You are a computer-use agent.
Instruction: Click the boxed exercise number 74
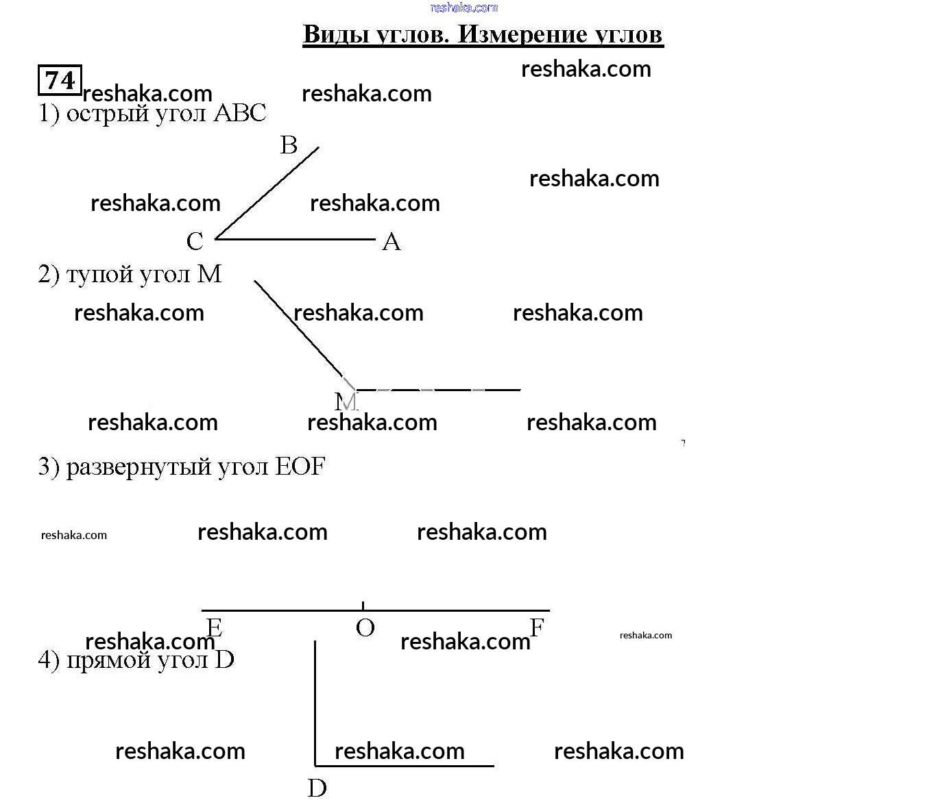click(x=60, y=80)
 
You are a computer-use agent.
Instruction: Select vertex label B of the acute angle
click(x=289, y=145)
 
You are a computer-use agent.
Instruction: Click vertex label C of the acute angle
click(x=195, y=241)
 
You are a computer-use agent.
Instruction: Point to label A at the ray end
click(x=391, y=241)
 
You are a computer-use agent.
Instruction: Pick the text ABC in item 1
click(x=239, y=113)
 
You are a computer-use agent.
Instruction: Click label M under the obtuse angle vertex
click(x=346, y=401)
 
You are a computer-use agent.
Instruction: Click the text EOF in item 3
click(x=300, y=467)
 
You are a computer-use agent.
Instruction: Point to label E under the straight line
click(x=214, y=627)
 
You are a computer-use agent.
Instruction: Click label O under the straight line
click(x=365, y=627)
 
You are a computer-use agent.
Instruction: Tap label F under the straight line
click(x=537, y=627)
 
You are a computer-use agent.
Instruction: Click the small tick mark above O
click(x=363, y=605)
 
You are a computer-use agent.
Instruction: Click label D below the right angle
click(x=317, y=788)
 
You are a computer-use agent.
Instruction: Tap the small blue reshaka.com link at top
click(x=463, y=8)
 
